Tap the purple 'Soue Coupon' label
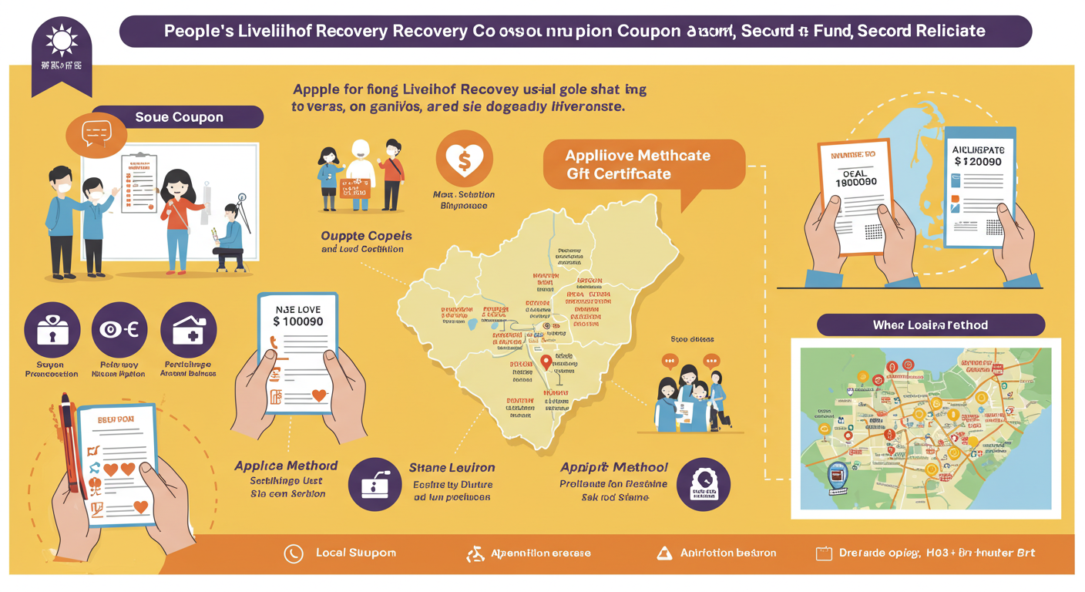coord(179,117)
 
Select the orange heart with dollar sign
coord(464,160)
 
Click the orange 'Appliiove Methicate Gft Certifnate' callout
coord(643,164)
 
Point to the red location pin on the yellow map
coord(546,362)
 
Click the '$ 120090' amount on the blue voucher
coord(977,162)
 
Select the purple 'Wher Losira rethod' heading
coord(930,325)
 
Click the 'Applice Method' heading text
coord(286,466)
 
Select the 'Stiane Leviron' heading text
coord(452,467)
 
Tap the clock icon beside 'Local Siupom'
coord(293,553)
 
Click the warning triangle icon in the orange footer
coord(663,553)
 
